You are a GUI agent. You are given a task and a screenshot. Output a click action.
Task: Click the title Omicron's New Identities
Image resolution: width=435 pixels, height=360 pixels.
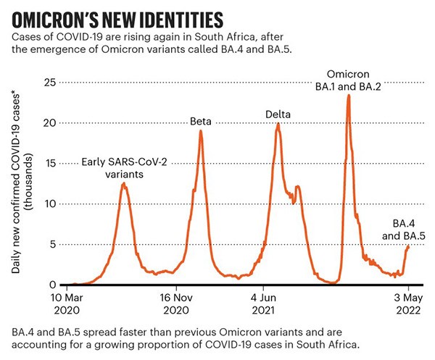coord(116,17)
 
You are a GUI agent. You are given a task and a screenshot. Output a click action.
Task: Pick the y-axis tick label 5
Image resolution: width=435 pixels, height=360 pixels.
coord(51,244)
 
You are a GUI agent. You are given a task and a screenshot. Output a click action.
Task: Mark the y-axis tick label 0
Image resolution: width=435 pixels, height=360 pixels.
coord(51,285)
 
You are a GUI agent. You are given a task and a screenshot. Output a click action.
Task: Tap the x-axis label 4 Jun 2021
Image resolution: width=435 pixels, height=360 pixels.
coord(267,303)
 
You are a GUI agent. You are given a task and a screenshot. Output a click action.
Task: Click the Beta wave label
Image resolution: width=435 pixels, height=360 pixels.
coord(200,121)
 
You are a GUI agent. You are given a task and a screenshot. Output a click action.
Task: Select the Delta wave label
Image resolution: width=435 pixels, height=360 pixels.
coord(278,114)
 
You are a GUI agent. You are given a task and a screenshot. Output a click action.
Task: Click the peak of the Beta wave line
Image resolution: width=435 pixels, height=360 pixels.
coord(200,131)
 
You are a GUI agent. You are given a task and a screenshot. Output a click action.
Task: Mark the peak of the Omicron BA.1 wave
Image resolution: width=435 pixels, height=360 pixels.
coord(348,96)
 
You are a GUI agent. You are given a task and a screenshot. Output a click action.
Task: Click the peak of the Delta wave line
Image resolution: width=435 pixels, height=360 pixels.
coord(278,124)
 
